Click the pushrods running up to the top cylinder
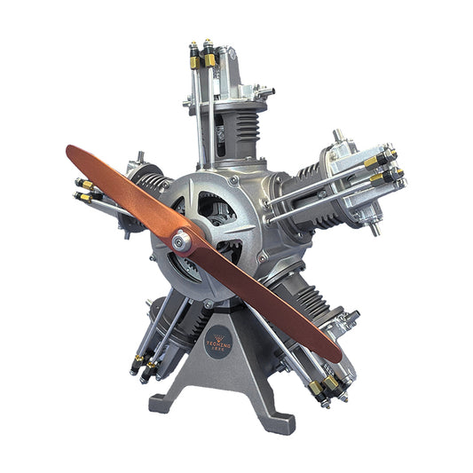[x=201, y=115]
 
